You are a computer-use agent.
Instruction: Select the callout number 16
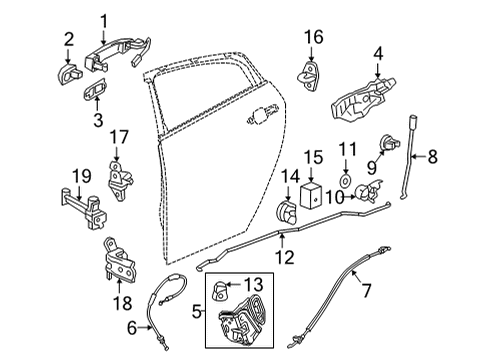[315, 37]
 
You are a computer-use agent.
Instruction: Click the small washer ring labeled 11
[346, 183]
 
